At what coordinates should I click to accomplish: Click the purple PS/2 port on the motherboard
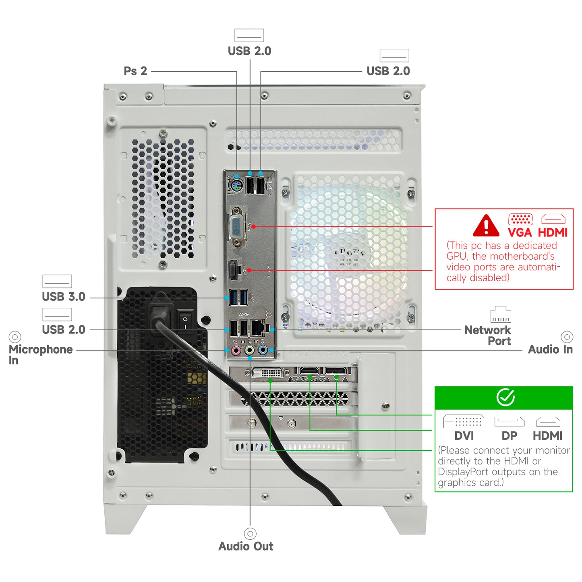click(x=236, y=186)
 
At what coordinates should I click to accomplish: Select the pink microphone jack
click(x=236, y=350)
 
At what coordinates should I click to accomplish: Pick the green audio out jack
click(x=250, y=350)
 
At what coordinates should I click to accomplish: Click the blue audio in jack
click(x=263, y=350)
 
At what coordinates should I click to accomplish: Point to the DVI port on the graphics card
click(x=267, y=373)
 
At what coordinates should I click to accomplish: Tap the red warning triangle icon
click(x=486, y=226)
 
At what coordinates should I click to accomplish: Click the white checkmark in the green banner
click(x=505, y=398)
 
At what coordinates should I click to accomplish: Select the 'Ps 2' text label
click(x=135, y=71)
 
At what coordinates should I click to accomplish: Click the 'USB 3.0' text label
click(x=64, y=297)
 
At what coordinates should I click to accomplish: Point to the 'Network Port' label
click(x=488, y=336)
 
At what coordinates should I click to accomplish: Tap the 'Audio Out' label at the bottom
click(x=246, y=547)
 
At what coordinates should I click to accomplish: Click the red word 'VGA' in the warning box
click(x=520, y=233)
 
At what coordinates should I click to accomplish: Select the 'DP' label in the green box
click(x=510, y=436)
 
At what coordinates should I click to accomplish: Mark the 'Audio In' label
click(x=550, y=350)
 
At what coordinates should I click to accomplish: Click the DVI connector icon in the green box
click(x=464, y=422)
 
